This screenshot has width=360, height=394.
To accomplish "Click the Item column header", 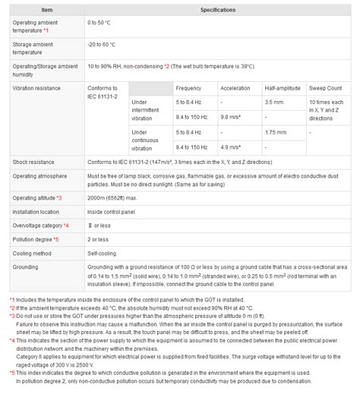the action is (46, 10).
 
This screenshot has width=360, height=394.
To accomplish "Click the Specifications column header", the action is (217, 10).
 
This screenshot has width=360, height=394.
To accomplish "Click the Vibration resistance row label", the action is (37, 88).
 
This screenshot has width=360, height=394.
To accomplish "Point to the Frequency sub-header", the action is (188, 88).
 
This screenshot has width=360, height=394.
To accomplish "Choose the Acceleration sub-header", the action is (235, 88).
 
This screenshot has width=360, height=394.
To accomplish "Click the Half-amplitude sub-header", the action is (281, 88).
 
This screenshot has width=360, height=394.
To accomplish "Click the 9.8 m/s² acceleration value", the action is (231, 117).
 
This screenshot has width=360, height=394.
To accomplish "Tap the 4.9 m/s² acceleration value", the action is (231, 147).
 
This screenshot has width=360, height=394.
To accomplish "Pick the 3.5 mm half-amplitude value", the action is (273, 102).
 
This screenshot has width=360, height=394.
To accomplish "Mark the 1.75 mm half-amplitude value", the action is (275, 132).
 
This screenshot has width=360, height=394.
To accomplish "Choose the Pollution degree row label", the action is (33, 239).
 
